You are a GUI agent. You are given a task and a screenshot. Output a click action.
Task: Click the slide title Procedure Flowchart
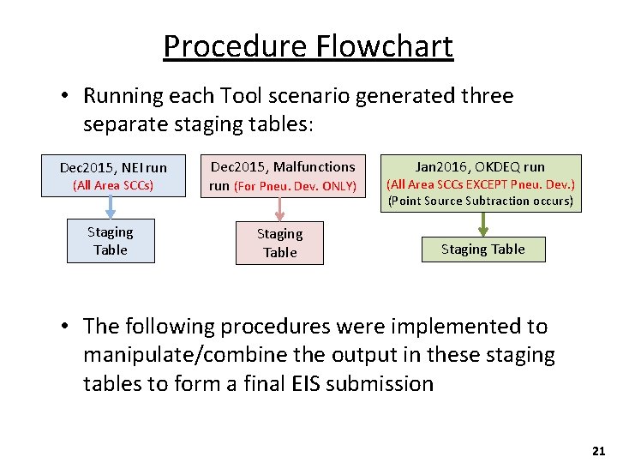tap(308, 45)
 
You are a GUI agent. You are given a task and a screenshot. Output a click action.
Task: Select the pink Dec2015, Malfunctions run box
tap(283, 176)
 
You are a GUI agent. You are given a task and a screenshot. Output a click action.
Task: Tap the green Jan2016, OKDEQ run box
tap(481, 183)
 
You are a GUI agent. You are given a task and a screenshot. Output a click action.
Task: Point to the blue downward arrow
tap(111, 208)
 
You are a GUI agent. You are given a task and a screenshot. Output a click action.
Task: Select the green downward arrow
tap(483, 224)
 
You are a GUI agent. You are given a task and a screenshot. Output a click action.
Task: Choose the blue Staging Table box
tap(111, 241)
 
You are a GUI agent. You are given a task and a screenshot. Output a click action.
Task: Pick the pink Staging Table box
tap(280, 243)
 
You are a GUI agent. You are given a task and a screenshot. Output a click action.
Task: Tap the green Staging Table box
tap(482, 250)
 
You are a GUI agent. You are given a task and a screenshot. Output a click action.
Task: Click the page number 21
tap(597, 450)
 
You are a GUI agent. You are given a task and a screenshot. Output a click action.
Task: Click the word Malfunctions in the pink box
tap(314, 166)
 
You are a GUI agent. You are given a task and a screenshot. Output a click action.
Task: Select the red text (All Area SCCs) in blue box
tap(113, 185)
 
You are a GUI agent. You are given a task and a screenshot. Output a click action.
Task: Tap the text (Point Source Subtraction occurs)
tap(481, 201)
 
